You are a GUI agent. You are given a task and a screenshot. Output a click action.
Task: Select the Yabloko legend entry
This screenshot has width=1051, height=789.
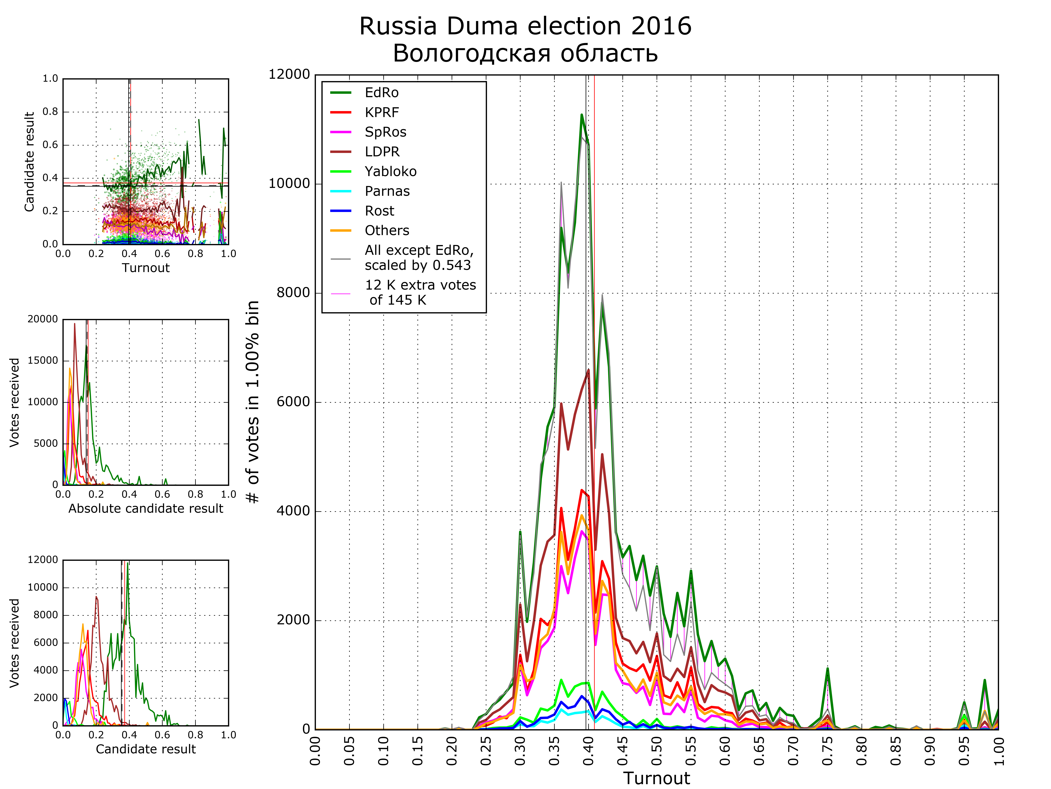390,172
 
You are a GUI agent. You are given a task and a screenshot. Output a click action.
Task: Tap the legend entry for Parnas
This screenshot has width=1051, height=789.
387,191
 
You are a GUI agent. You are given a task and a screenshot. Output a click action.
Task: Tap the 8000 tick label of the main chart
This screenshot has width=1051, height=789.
293,293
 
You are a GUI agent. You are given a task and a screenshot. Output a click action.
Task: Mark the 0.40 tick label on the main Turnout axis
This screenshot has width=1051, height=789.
588,751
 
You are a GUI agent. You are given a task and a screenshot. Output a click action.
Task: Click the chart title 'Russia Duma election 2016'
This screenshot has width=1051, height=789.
525,26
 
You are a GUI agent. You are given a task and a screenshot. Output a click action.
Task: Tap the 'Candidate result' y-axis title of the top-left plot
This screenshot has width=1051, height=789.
29,162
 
